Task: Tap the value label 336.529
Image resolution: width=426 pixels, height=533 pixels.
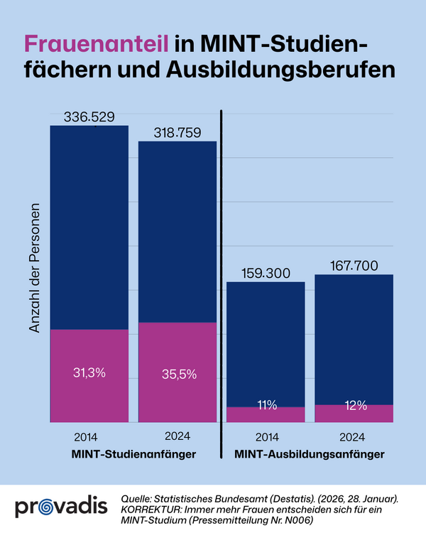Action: click(x=89, y=117)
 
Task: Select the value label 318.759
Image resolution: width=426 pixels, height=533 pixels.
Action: click(x=177, y=133)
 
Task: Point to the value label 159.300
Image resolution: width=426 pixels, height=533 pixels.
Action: click(x=265, y=274)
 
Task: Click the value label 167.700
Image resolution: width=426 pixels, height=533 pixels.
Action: click(x=353, y=266)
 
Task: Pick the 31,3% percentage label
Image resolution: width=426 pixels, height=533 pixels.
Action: click(x=89, y=372)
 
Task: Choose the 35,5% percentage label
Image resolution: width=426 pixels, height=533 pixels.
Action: click(x=177, y=373)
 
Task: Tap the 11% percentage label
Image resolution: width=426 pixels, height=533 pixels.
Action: click(x=266, y=406)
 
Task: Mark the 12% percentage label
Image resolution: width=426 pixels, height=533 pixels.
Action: click(x=353, y=406)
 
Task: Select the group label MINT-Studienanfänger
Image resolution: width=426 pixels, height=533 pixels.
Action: click(x=133, y=453)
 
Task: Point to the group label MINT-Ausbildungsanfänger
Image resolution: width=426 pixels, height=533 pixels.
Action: click(x=309, y=453)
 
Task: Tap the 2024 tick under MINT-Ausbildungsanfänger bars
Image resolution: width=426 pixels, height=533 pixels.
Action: click(x=353, y=436)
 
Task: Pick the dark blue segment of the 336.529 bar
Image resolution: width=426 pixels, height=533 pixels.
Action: click(x=89, y=227)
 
